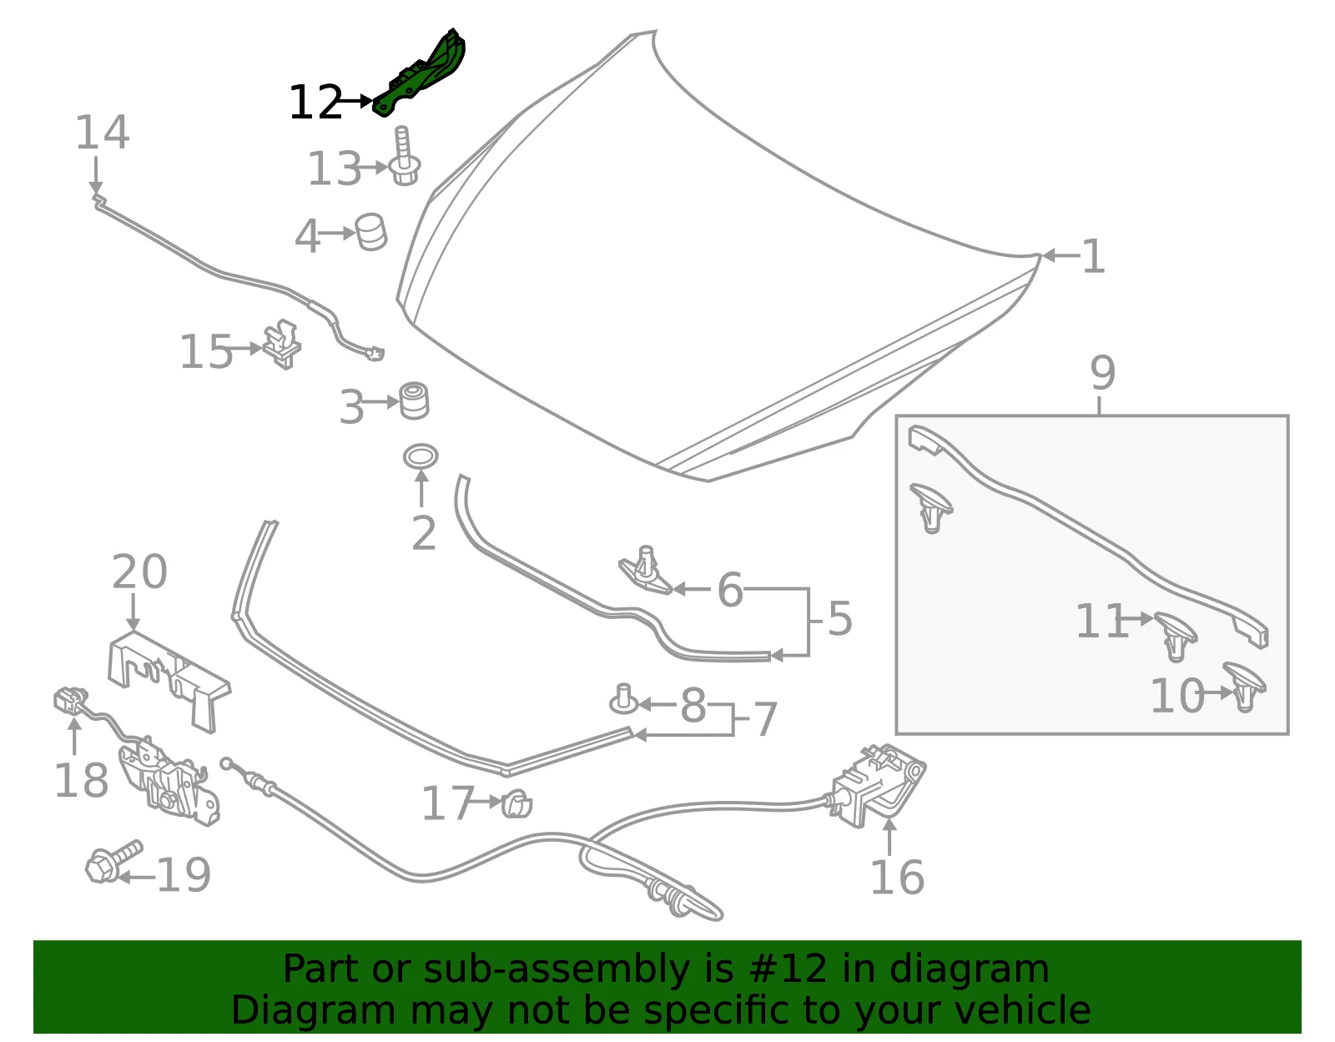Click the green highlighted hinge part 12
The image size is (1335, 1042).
click(x=421, y=77)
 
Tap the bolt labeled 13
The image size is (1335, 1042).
click(x=404, y=158)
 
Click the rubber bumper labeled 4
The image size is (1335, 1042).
click(x=371, y=232)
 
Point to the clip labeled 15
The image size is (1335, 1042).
click(x=283, y=345)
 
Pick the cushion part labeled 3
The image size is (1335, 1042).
click(x=414, y=401)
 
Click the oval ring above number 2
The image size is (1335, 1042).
click(x=421, y=457)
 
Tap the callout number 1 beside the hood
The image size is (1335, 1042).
click(x=1093, y=256)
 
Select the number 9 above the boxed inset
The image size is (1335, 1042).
click(x=1103, y=373)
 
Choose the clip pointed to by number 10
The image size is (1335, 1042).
click(x=1243, y=687)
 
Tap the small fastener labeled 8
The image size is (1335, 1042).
click(x=623, y=699)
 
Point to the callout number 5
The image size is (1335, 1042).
click(x=840, y=618)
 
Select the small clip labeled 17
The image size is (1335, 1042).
click(x=517, y=803)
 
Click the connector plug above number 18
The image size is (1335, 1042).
click(x=71, y=702)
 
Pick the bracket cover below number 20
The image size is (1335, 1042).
click(x=169, y=682)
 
